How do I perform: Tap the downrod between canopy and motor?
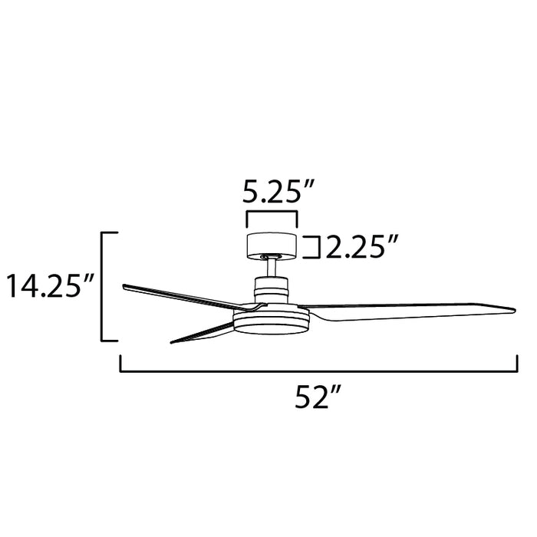271,268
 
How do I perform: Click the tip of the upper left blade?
125,286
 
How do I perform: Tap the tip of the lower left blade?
172,341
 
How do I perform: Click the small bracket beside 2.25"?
313,248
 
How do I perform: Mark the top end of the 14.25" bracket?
109,232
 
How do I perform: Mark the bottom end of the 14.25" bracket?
109,340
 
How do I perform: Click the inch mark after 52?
335,393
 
